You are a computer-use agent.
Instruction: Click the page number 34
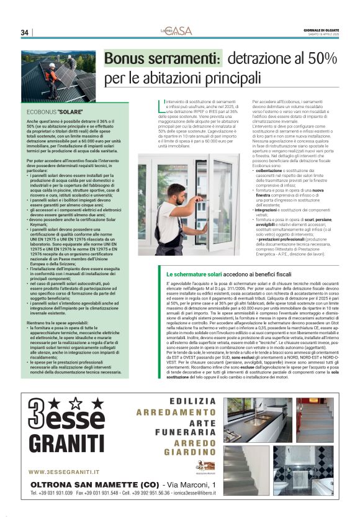[x=25, y=32]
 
